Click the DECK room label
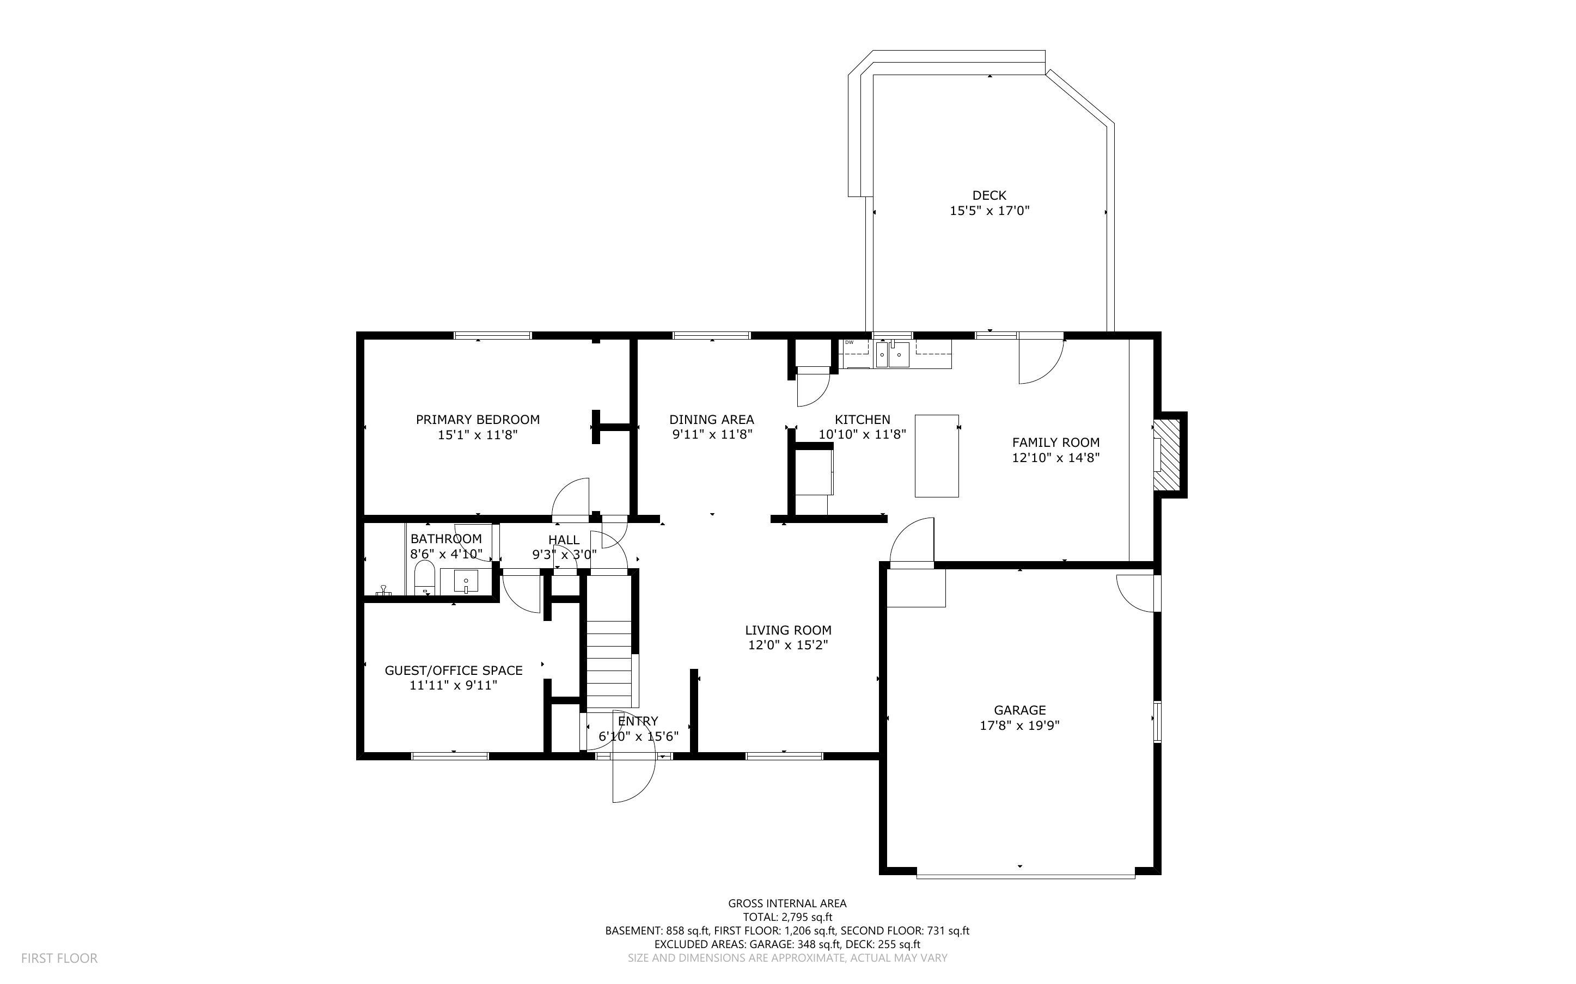click(989, 195)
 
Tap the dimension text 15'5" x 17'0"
click(989, 211)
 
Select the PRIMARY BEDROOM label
click(477, 420)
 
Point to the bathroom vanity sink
click(466, 581)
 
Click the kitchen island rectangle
click(936, 456)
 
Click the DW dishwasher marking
click(849, 342)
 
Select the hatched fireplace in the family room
click(1166, 455)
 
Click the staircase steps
click(609, 664)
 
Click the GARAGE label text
click(1019, 710)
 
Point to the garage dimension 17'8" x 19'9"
click(1019, 725)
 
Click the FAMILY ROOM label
click(1055, 442)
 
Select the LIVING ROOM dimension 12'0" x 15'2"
click(787, 645)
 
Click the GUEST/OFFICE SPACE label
click(453, 671)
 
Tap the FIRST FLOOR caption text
click(59, 958)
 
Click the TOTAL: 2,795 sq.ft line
click(787, 917)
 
